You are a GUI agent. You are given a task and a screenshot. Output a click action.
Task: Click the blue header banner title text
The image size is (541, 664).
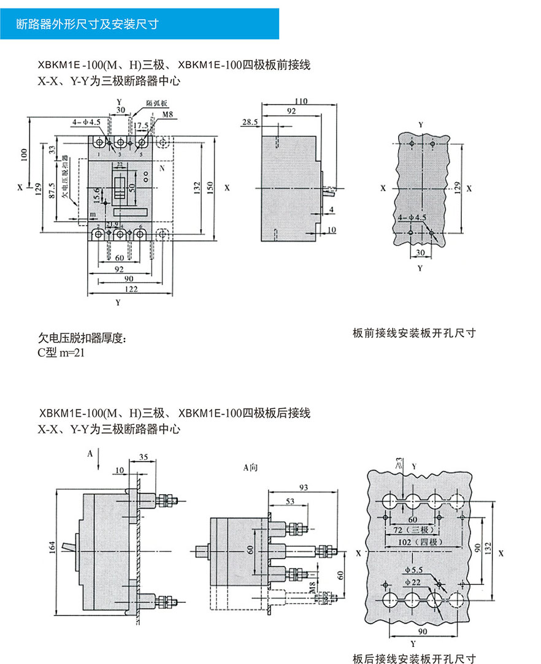(x=88, y=24)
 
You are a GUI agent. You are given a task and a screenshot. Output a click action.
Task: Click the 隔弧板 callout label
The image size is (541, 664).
(x=154, y=103)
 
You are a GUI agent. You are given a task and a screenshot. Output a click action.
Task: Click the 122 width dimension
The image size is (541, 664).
(x=131, y=289)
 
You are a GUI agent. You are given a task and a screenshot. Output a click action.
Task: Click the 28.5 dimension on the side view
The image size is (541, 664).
(x=250, y=122)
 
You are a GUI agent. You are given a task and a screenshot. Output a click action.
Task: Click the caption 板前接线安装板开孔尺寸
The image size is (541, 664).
(x=414, y=333)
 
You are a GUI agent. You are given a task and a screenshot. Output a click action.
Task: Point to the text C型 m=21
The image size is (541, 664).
(x=61, y=353)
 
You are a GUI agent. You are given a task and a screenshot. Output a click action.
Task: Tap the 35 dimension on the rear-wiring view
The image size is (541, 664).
(x=144, y=457)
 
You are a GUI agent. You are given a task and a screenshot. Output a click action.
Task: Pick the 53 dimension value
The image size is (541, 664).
(x=290, y=502)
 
